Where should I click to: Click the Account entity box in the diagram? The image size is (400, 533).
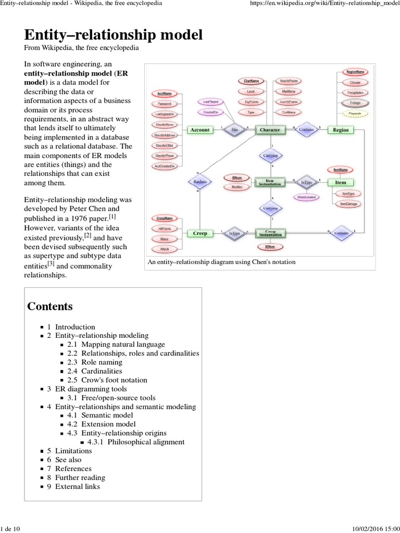(x=200, y=130)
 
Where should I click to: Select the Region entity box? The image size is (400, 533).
(x=341, y=130)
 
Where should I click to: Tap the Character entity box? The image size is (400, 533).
(x=270, y=130)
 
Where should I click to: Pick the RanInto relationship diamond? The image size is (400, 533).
(x=198, y=182)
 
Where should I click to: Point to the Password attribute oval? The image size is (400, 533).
(x=165, y=104)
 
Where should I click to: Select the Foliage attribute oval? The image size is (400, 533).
(x=355, y=103)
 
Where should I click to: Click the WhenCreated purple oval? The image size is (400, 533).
(x=307, y=197)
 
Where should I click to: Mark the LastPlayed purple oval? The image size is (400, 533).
(x=211, y=101)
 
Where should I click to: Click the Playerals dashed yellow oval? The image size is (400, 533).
(x=355, y=113)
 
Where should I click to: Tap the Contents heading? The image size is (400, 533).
(x=50, y=306)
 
